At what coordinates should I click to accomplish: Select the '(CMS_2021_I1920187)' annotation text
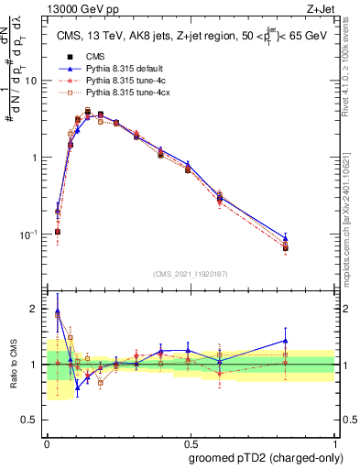[x=190, y=274]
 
